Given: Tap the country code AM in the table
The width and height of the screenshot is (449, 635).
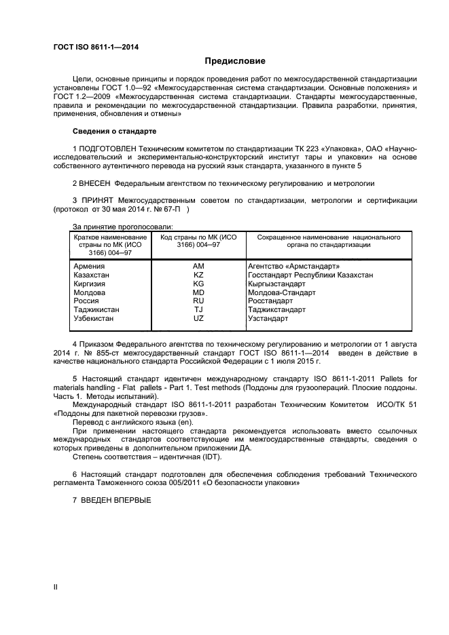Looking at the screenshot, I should pyautogui.click(x=198, y=267).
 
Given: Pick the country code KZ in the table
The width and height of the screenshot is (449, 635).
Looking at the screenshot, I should pyautogui.click(x=198, y=275).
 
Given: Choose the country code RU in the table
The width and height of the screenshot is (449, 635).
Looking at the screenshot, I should pyautogui.click(x=198, y=301).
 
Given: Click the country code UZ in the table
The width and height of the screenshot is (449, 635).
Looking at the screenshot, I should pyautogui.click(x=198, y=318).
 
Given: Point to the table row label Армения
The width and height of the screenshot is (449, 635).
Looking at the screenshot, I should pyautogui.click(x=88, y=267).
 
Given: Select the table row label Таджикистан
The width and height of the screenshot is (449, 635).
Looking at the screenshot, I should pyautogui.click(x=96, y=309).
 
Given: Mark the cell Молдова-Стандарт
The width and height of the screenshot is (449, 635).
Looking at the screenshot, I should pyautogui.click(x=282, y=292).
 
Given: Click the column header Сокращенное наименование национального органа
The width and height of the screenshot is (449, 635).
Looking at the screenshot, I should pyautogui.click(x=328, y=241).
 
